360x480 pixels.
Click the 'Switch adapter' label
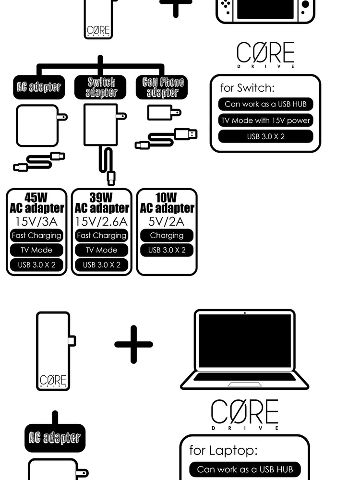tap(101, 87)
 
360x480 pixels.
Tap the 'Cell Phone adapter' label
tap(163, 87)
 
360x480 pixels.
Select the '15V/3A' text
tap(37, 222)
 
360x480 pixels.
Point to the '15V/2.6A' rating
tap(101, 222)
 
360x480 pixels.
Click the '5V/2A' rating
tap(167, 222)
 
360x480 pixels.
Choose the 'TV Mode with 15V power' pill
tap(265, 120)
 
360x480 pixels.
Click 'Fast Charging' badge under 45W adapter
tap(37, 236)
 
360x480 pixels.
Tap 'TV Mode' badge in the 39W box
tap(101, 250)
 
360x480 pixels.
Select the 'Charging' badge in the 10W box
tap(167, 236)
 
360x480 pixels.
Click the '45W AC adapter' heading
tap(37, 203)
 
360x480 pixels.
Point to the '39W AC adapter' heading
tap(101, 203)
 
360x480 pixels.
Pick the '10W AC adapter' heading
tap(167, 203)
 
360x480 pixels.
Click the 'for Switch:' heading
tap(247, 88)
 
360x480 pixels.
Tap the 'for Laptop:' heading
tap(223, 450)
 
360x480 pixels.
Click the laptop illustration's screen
tap(245, 341)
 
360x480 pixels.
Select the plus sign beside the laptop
tap(133, 344)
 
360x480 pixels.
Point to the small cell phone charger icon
tap(163, 113)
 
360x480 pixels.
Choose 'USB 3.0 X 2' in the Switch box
tap(265, 136)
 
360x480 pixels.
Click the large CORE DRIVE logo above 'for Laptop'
tap(245, 414)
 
